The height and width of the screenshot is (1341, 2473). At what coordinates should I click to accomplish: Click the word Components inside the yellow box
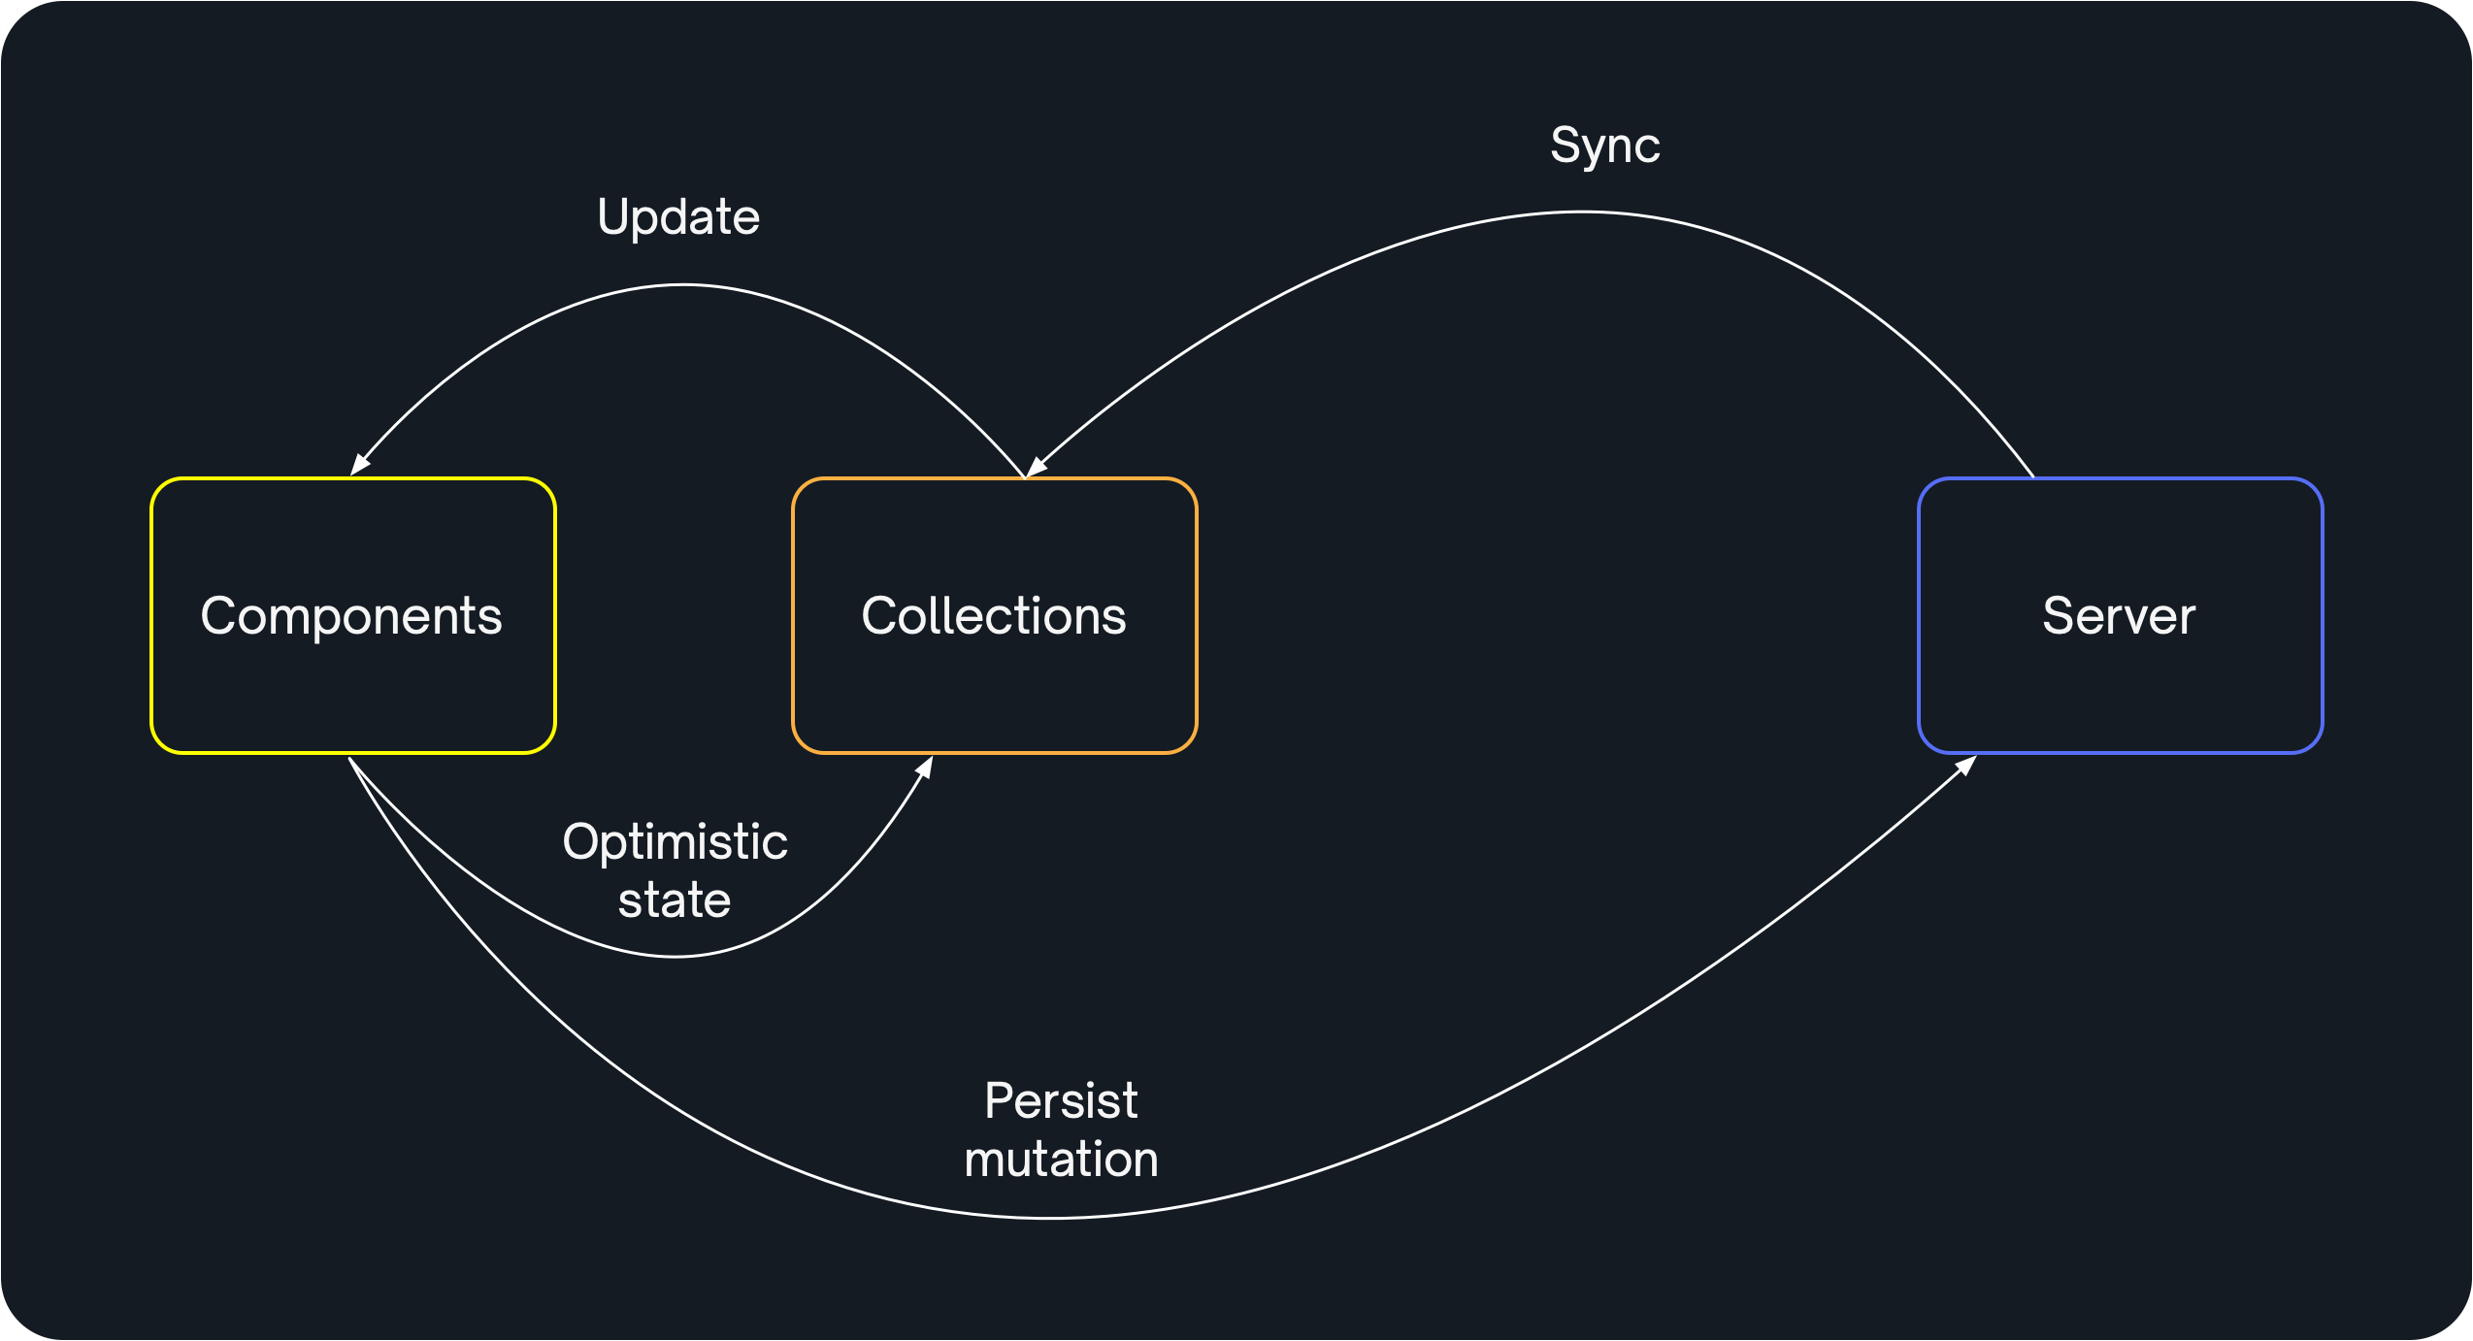point(351,616)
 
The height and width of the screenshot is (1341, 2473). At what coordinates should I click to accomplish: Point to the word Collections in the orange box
point(994,616)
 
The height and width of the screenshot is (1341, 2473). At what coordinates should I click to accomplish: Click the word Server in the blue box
point(2119,616)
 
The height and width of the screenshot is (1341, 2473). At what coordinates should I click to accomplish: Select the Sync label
point(1604,147)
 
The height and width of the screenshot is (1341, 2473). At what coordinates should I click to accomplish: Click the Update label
point(678,217)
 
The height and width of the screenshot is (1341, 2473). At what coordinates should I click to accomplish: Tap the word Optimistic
point(675,841)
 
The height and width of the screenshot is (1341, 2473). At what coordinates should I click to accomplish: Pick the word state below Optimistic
point(675,900)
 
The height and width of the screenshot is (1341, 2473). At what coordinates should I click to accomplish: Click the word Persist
point(1061,1101)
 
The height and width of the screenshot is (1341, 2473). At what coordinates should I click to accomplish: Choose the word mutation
point(1061,1160)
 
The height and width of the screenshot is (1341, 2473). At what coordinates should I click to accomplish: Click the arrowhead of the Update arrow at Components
point(359,466)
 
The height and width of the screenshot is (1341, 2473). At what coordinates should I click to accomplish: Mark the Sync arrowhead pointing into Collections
point(1036,468)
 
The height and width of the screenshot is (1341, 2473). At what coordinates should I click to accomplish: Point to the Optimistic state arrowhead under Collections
point(925,768)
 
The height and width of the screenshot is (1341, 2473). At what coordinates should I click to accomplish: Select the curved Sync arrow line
point(1582,213)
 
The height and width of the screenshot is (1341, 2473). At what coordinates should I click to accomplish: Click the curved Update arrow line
point(683,285)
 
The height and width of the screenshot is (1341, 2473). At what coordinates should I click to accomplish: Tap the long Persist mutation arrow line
point(1053,1217)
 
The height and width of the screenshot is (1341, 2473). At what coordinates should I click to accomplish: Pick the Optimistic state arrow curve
point(675,957)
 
